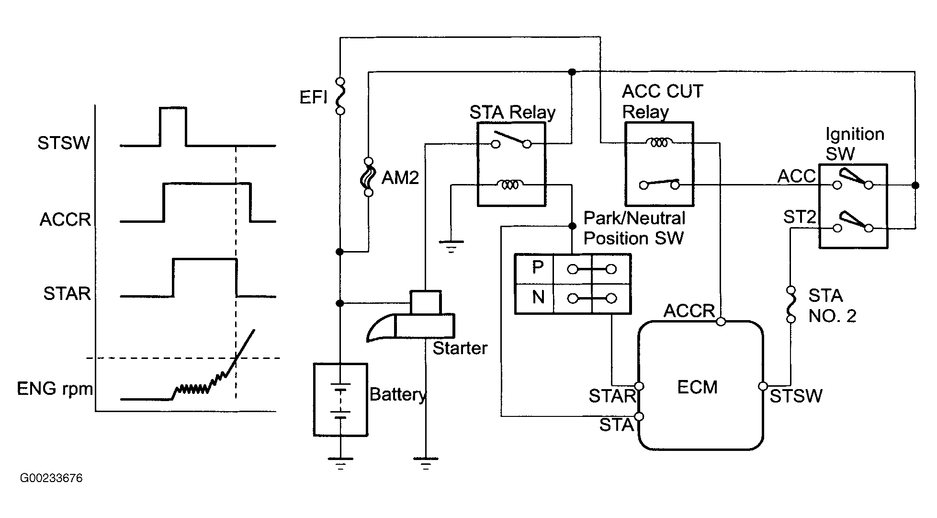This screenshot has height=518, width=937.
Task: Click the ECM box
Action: pyautogui.click(x=700, y=386)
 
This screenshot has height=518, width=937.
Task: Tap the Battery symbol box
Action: pyautogui.click(x=340, y=400)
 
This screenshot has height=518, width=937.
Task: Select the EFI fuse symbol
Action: pyautogui.click(x=340, y=96)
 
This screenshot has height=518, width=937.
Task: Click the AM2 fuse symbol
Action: pyautogui.click(x=368, y=177)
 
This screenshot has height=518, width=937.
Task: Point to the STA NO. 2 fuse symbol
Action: pyautogui.click(x=791, y=305)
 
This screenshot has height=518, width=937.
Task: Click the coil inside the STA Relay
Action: pyautogui.click(x=511, y=184)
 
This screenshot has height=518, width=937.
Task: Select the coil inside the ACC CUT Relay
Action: pyautogui.click(x=659, y=142)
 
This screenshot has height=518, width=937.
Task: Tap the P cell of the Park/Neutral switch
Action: pyautogui.click(x=537, y=268)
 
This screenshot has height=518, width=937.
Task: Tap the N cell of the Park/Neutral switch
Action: pyautogui.click(x=538, y=298)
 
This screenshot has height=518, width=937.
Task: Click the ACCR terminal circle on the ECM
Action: pyautogui.click(x=721, y=322)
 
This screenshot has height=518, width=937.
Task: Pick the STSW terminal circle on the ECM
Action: pyautogui.click(x=763, y=386)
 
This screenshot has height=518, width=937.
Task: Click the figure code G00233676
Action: pyautogui.click(x=51, y=478)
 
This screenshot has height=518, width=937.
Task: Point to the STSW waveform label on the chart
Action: pyautogui.click(x=64, y=143)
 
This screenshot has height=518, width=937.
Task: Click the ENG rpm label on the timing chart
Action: pyautogui.click(x=55, y=389)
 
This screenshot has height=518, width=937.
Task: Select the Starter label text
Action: pyautogui.click(x=460, y=348)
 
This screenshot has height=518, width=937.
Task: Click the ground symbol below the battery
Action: pyautogui.click(x=340, y=462)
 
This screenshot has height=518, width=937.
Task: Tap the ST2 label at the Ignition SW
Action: pyautogui.click(x=799, y=218)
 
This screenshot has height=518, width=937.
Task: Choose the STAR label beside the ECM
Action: pyautogui.click(x=612, y=396)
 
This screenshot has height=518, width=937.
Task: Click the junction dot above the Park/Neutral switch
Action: pyautogui.click(x=572, y=226)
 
